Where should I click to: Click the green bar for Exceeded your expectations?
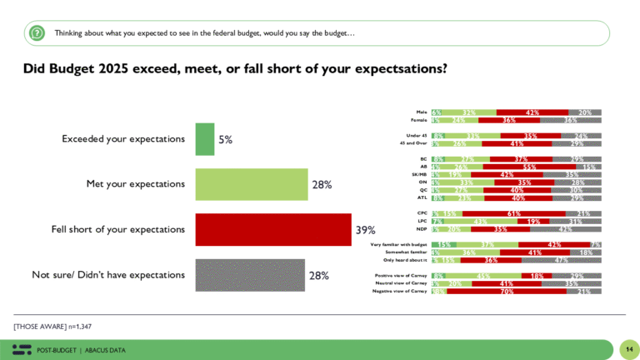click(204, 139)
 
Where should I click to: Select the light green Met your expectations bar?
click(251, 184)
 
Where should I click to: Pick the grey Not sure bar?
click(251, 274)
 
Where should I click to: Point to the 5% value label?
click(225, 140)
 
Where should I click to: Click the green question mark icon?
click(37, 32)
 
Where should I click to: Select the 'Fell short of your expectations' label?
click(122, 229)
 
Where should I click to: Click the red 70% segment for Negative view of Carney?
click(507, 292)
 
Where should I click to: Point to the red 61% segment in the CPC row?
click(514, 213)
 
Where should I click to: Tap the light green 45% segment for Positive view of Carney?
click(482, 276)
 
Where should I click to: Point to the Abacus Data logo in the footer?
click(22, 349)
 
